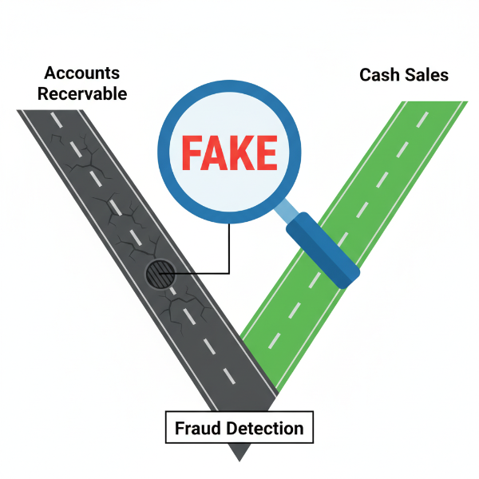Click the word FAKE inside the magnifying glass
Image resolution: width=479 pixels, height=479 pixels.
pyautogui.click(x=228, y=151)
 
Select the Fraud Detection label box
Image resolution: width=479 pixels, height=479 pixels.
pyautogui.click(x=239, y=428)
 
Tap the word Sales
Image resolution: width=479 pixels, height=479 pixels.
pyautogui.click(x=427, y=75)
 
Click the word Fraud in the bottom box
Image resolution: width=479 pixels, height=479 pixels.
pyautogui.click(x=199, y=428)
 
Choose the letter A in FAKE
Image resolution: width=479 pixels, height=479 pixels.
pyautogui.click(x=215, y=151)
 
